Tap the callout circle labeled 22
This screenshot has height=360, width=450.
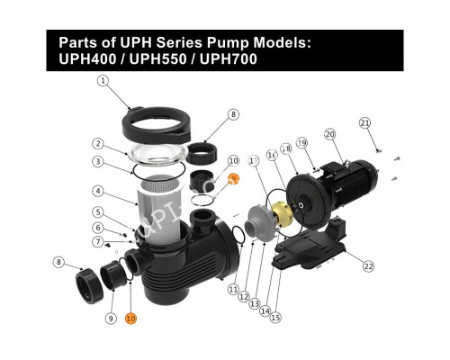368,265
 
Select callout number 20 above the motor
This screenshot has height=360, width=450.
330,135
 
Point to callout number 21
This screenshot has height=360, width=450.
364,122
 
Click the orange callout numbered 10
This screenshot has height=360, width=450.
130,318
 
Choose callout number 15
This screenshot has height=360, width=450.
275,317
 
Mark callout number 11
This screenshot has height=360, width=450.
233,290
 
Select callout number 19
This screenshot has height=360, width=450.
303,143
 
